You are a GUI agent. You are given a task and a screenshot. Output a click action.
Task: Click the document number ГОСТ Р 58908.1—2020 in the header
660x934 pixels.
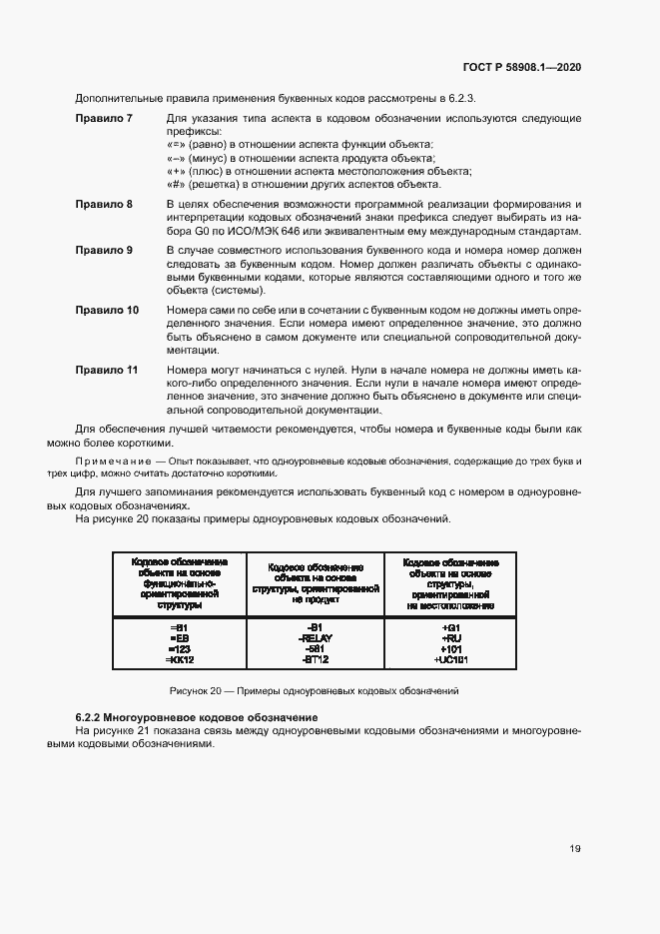pos(521,67)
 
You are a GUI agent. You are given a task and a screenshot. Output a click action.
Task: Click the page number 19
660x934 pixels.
pos(575,848)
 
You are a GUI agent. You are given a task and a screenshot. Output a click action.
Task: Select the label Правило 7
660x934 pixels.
pos(105,119)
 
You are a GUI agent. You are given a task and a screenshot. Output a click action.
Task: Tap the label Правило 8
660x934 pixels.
pos(105,204)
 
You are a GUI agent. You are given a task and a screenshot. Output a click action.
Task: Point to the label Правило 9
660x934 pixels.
pos(105,249)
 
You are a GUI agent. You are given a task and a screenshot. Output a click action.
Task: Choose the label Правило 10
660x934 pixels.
pos(108,310)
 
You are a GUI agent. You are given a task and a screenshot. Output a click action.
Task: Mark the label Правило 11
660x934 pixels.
pos(108,370)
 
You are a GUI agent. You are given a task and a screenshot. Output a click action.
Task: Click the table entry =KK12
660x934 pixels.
pos(179,660)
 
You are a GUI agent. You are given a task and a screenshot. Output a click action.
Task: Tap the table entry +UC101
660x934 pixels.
pos(450,660)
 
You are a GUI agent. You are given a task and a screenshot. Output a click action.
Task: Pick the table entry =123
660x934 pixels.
pos(179,648)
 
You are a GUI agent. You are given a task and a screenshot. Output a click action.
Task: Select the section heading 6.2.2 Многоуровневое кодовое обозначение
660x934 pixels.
pos(197,717)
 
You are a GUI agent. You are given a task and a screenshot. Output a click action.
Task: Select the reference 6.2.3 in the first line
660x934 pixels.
pos(460,98)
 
